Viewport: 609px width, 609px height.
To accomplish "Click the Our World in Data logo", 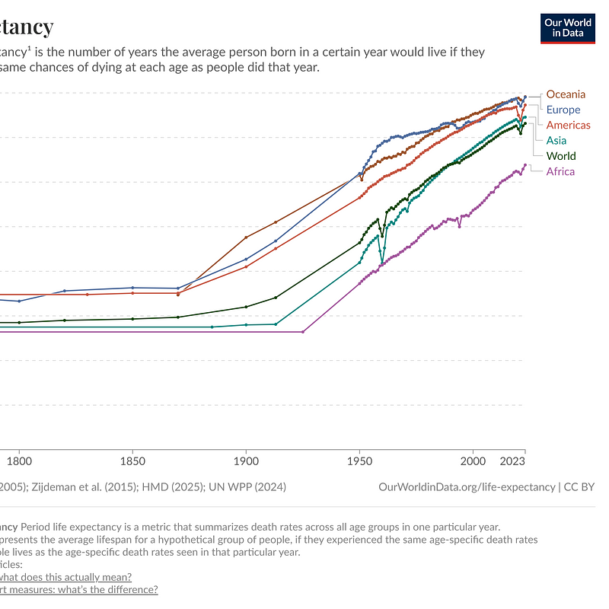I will (x=567, y=28).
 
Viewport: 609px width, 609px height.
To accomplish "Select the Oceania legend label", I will (x=566, y=94).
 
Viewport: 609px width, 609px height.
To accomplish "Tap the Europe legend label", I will (x=563, y=110).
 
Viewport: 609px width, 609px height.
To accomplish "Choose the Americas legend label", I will (x=568, y=125).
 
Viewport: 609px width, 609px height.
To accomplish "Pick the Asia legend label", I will (x=556, y=140).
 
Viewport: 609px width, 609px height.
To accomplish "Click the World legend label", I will (x=561, y=156).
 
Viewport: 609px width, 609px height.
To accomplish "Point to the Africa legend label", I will (x=560, y=171).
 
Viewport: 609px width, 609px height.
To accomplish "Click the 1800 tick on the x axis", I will (x=19, y=461).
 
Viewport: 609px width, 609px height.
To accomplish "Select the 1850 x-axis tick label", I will (x=132, y=461).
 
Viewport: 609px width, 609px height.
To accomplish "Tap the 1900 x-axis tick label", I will (x=246, y=461).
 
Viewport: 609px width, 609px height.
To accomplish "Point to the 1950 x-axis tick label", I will (x=359, y=461).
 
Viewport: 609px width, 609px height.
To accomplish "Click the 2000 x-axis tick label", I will (x=473, y=461).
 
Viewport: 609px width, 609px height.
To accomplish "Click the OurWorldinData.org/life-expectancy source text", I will (x=467, y=486).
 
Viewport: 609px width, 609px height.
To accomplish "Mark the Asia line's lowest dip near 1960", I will (x=382, y=263).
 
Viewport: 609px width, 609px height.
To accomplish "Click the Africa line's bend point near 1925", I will (x=303, y=332).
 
